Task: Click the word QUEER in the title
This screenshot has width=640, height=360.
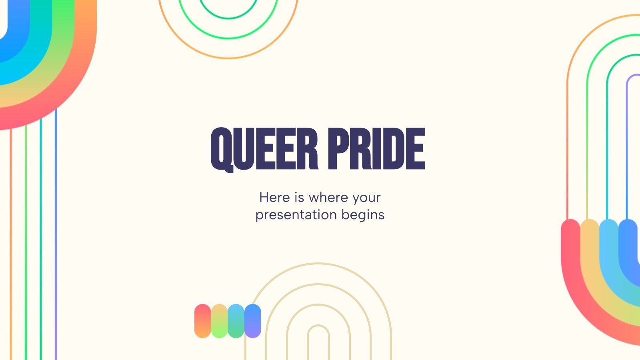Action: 264,149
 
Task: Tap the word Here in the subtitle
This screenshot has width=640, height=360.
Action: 274,197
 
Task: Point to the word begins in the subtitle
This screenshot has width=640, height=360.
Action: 363,215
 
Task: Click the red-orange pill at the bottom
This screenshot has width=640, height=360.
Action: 203,321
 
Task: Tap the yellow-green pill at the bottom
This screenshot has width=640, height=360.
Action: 219,321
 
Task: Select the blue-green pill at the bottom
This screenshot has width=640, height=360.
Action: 236,321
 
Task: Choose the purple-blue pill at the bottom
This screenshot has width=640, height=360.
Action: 252,321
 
